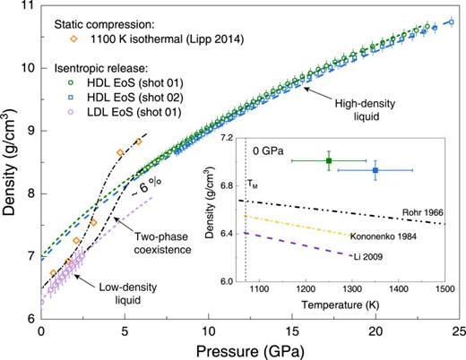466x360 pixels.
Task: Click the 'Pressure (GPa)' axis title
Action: coord(250,349)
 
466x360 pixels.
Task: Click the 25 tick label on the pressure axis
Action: coord(459,330)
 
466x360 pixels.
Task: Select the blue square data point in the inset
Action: coord(375,170)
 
